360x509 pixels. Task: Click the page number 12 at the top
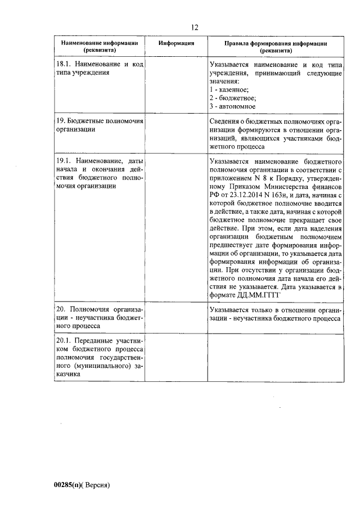(x=195, y=27)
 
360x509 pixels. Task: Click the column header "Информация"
(x=176, y=43)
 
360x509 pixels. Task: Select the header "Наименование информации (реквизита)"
(x=99, y=46)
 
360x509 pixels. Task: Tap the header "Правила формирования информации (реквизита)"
(x=276, y=46)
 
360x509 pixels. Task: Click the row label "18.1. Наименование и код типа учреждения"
(x=99, y=69)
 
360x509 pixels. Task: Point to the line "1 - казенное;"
(x=229, y=89)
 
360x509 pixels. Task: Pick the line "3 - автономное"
(x=232, y=106)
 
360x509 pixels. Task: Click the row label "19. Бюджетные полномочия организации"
(x=99, y=125)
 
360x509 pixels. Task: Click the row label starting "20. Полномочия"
(x=99, y=317)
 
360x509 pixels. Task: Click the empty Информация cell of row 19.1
(x=176, y=227)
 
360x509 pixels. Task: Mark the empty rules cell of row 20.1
(x=276, y=357)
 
